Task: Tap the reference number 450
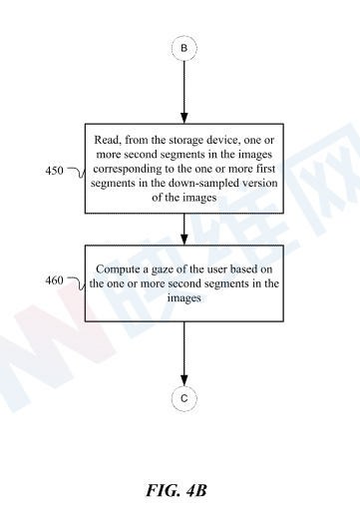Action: pos(54,171)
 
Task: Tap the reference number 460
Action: pos(54,280)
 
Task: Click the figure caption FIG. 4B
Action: pos(177,491)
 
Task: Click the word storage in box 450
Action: pos(187,141)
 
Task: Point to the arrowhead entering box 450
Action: pos(184,118)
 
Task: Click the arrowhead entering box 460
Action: pos(184,240)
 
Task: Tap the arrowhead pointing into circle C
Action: pos(184,380)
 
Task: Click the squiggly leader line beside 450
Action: pos(77,172)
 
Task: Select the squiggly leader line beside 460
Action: pos(77,282)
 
